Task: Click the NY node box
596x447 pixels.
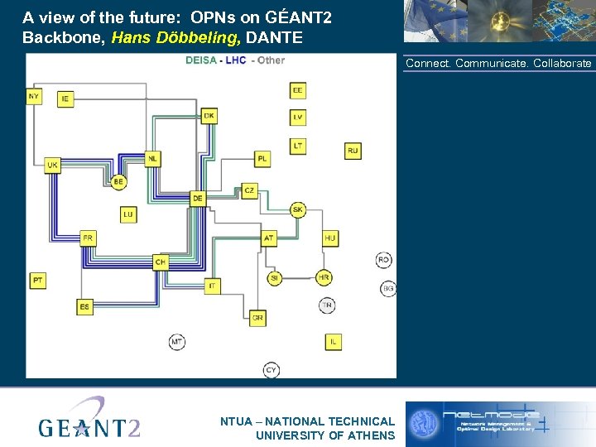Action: pyautogui.click(x=34, y=96)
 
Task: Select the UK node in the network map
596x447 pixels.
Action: pyautogui.click(x=52, y=166)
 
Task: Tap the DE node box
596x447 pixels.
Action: pyautogui.click(x=197, y=199)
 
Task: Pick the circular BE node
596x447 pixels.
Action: pyautogui.click(x=118, y=181)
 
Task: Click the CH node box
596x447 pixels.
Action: pyautogui.click(x=161, y=262)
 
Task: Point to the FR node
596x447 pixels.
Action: pyautogui.click(x=89, y=238)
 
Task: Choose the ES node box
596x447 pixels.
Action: pyautogui.click(x=85, y=307)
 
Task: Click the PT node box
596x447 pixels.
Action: pyautogui.click(x=38, y=281)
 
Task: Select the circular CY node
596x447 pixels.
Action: pyautogui.click(x=272, y=369)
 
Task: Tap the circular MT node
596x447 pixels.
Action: pyautogui.click(x=177, y=341)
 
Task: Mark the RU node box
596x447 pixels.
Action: pyautogui.click(x=353, y=151)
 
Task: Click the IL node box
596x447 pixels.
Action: pyautogui.click(x=333, y=341)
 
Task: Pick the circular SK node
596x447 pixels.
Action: pyautogui.click(x=298, y=210)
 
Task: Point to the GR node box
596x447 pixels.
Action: pyautogui.click(x=257, y=317)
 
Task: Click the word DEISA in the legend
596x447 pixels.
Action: pyautogui.click(x=200, y=60)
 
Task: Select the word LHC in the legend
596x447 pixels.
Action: pyautogui.click(x=236, y=60)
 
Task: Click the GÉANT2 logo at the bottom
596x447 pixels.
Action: pyautogui.click(x=89, y=421)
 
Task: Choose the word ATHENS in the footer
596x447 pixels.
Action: pyautogui.click(x=370, y=435)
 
